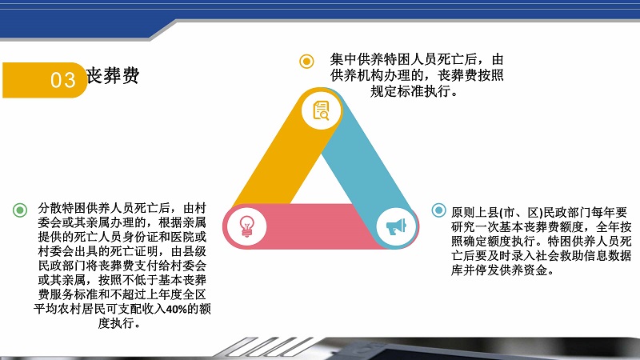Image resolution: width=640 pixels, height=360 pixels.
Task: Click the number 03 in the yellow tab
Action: tap(63, 80)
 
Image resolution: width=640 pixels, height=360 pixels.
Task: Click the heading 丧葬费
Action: tap(113, 75)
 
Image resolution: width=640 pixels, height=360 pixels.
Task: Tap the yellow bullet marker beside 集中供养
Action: tap(306, 62)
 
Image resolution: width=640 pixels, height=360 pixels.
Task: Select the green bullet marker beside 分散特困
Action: tap(20, 210)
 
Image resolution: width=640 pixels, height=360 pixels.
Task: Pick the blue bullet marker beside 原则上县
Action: tap(438, 210)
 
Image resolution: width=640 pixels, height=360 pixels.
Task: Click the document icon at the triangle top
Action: tap(321, 110)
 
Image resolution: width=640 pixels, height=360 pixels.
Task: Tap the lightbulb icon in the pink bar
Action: tap(246, 226)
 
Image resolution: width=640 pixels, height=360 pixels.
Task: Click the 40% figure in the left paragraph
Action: tap(176, 309)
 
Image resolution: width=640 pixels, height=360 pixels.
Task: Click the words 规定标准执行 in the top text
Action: tap(411, 91)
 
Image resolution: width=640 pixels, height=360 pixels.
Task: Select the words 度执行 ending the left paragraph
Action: tap(116, 323)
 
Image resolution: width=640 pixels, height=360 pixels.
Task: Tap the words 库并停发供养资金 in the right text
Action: tap(498, 270)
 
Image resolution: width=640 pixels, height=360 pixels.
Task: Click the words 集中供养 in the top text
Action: tap(357, 59)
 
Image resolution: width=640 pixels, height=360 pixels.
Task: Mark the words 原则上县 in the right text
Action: tap(475, 212)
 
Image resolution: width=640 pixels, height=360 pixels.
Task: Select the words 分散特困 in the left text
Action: tap(62, 208)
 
